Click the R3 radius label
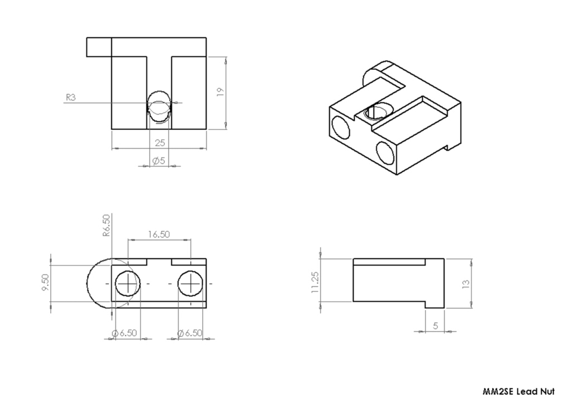tap(70, 97)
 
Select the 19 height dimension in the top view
tap(220, 92)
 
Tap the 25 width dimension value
tap(160, 143)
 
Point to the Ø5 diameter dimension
tap(158, 161)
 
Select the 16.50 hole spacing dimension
tap(159, 234)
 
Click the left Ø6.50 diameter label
tap(124, 333)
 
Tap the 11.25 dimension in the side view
tap(316, 282)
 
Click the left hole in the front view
tap(128, 284)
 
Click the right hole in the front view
tap(191, 284)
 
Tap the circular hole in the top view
tap(160, 105)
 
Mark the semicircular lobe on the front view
tap(98, 284)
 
